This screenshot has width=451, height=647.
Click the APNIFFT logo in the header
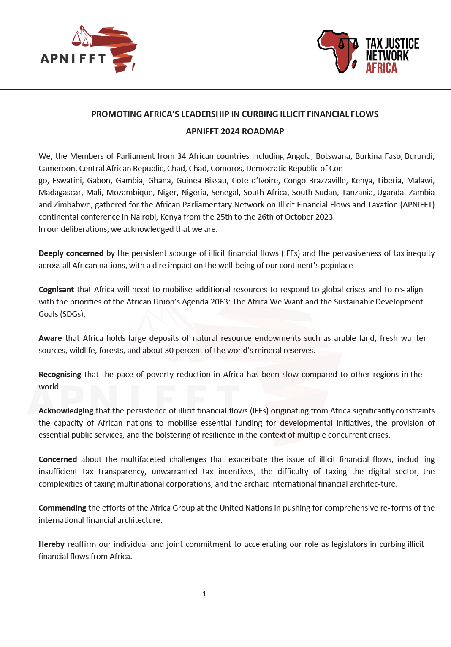[x=88, y=50]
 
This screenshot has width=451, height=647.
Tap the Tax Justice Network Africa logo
[x=368, y=52]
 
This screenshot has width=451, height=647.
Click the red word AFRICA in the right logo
[x=381, y=68]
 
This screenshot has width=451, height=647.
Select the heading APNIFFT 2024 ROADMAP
[x=235, y=131]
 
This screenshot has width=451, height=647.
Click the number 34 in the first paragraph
[x=182, y=156]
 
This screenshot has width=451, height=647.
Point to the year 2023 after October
[x=324, y=217]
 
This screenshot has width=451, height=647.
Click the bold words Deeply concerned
[x=71, y=253]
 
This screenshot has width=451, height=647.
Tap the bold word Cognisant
[x=56, y=290]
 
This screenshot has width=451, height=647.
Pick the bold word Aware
[x=50, y=338]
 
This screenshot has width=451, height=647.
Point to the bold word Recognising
[x=60, y=375]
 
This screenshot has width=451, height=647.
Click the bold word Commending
[x=62, y=508]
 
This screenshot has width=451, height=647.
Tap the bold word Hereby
[x=52, y=544]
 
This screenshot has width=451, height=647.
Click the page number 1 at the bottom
[x=204, y=594]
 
